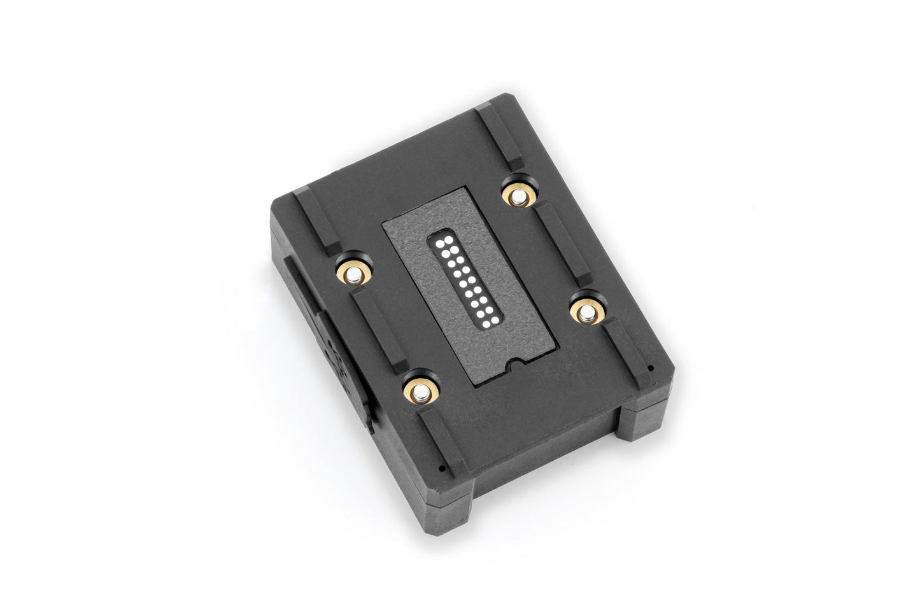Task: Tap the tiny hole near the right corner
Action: pyautogui.click(x=649, y=367)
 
